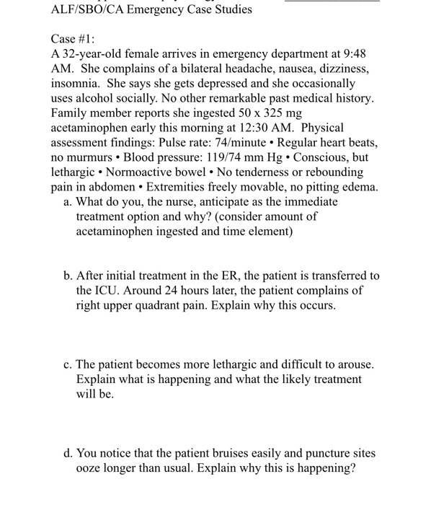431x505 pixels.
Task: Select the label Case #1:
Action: (x=71, y=38)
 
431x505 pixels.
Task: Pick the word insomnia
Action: (x=76, y=84)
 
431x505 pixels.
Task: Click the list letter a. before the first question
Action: (x=67, y=202)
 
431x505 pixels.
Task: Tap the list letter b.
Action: (x=67, y=276)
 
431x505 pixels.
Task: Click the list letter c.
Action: (x=67, y=364)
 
